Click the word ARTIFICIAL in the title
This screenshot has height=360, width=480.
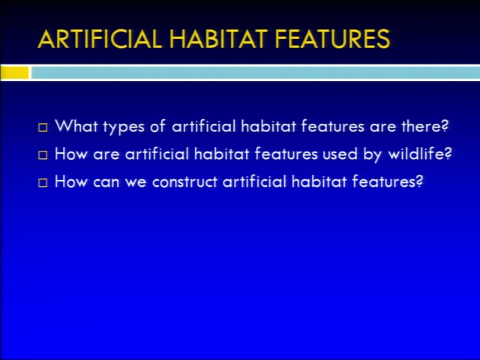[100, 39]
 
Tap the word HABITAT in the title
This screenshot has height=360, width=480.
[218, 39]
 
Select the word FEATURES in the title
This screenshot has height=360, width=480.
[332, 39]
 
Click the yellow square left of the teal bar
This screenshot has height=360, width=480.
[14, 73]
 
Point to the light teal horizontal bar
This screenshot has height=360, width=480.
[256, 73]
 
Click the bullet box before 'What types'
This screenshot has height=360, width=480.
[43, 127]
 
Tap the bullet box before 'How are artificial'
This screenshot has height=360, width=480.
[43, 155]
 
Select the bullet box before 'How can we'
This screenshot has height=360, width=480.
[43, 183]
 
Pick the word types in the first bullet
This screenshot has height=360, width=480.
[123, 127]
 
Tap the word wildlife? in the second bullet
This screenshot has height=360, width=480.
[420, 153]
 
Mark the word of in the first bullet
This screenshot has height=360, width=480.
[157, 125]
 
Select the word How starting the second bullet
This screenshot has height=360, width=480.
[70, 153]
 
